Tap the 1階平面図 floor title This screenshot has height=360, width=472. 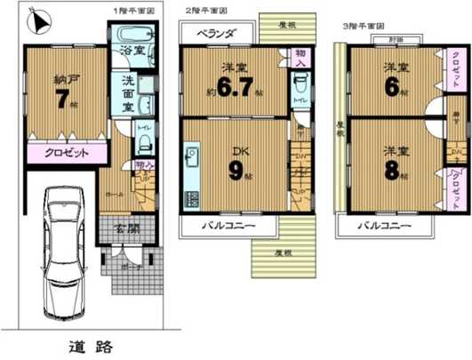click(x=133, y=10)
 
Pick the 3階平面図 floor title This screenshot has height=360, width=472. click(x=364, y=25)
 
